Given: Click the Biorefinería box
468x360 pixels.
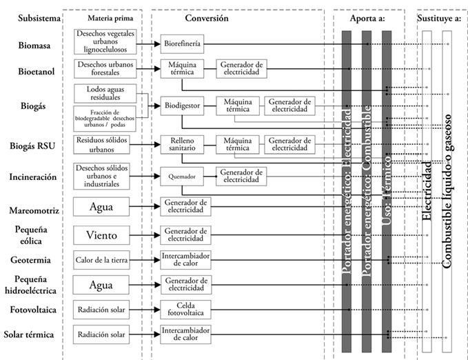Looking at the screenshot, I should (183, 43).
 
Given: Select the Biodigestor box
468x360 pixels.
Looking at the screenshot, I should (183, 107).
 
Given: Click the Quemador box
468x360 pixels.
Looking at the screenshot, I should (183, 177).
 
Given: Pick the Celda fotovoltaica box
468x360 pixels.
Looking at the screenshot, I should (183, 310).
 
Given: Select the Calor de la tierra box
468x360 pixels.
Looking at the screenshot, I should (105, 260).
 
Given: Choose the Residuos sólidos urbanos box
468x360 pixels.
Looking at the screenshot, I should (105, 144).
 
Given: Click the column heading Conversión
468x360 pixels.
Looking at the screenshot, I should (207, 18).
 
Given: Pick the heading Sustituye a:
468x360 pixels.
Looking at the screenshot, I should (439, 18).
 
